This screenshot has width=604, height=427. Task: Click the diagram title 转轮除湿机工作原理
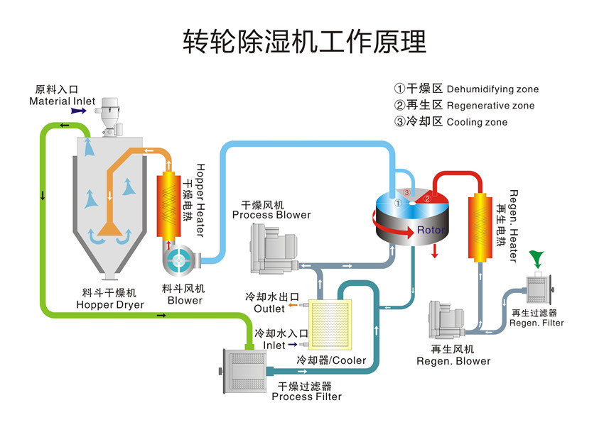pyautogui.click(x=305, y=42)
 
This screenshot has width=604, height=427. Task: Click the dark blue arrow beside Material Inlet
pyautogui.click(x=79, y=111)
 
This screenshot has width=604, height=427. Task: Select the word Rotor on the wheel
pyautogui.click(x=431, y=230)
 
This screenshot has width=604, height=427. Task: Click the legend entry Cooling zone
pyautogui.click(x=477, y=122)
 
